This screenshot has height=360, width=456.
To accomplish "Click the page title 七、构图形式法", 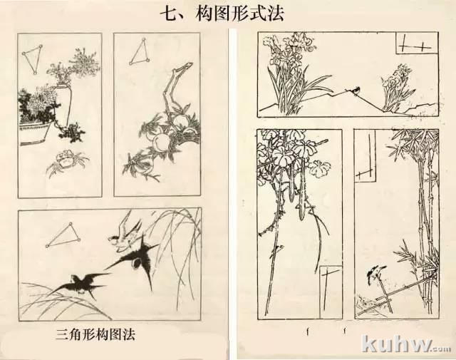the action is [x=222, y=14].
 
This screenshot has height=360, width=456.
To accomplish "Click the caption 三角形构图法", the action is [x=95, y=334].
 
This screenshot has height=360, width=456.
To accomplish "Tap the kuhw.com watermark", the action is [x=408, y=344].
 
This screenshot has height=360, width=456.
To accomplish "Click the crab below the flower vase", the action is [x=67, y=162].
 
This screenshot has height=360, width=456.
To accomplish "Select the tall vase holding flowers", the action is [x=63, y=105].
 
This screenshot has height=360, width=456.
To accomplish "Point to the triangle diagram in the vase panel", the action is [x=32, y=59].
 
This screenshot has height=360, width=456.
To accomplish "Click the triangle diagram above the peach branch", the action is [x=140, y=51].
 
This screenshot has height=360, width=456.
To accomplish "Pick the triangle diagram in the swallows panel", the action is [x=63, y=235].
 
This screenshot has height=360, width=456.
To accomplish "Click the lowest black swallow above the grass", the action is [x=81, y=285].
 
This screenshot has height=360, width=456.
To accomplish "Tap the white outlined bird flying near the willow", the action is [x=125, y=235].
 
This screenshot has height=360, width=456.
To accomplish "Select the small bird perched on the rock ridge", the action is [x=355, y=90].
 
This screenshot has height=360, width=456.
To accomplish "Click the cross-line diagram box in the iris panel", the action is [x=416, y=43].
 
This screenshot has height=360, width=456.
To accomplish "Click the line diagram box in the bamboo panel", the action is [x=366, y=156].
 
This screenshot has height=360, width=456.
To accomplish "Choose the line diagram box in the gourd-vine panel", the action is [x=331, y=292].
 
